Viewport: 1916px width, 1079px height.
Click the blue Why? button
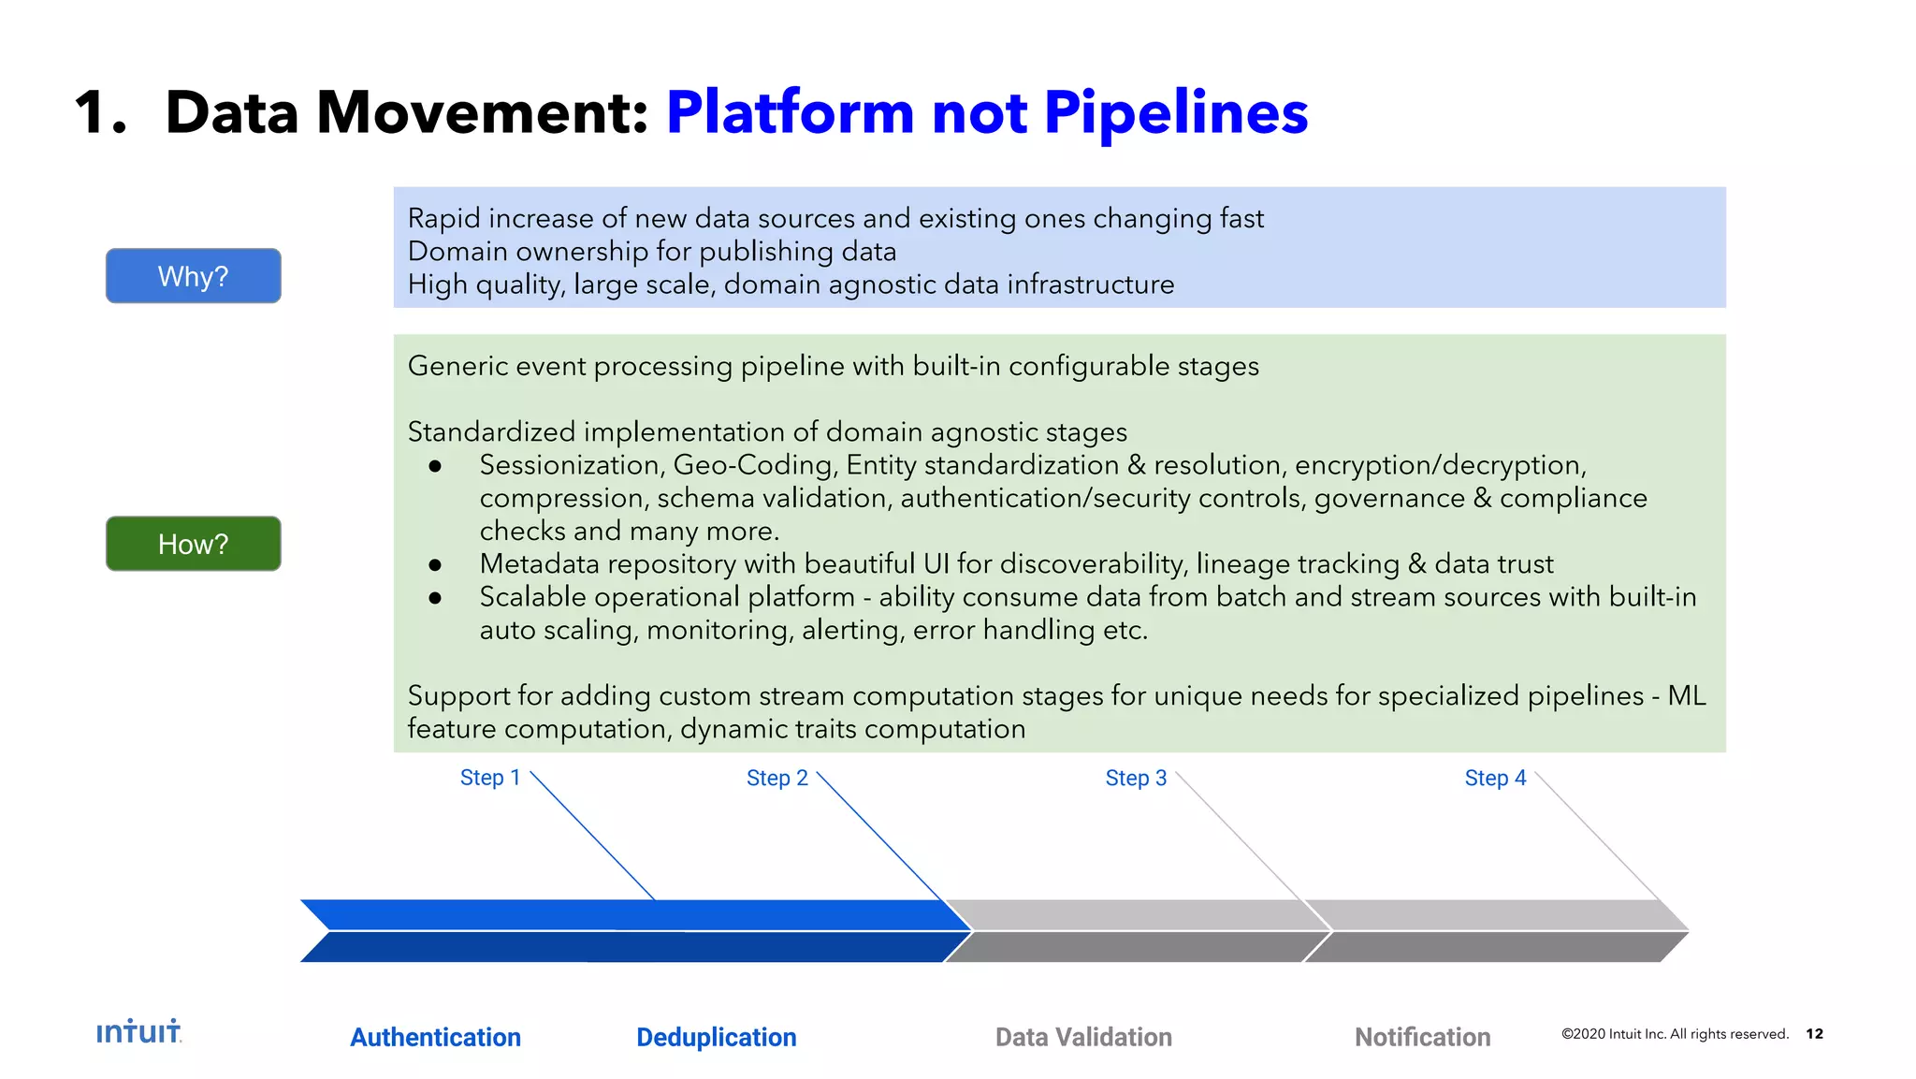[193, 276]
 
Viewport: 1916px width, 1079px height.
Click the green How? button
[193, 544]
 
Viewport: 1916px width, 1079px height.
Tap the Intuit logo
[138, 1031]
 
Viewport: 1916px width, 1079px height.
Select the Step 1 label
[489, 778]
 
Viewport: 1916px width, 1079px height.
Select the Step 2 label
[777, 778]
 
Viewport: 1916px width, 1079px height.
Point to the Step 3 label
[1135, 778]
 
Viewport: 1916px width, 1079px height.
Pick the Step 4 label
[1494, 778]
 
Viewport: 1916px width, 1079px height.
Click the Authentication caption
[435, 1037]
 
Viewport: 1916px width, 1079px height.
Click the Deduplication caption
[716, 1037]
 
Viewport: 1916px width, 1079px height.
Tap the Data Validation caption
[1082, 1037]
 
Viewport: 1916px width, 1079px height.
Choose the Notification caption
[1422, 1037]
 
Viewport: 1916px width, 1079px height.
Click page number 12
[1814, 1033]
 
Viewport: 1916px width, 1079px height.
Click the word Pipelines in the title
[1175, 113]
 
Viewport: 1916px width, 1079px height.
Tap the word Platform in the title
[790, 113]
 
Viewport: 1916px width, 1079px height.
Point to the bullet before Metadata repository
[435, 565]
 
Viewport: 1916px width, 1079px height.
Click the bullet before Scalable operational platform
[435, 598]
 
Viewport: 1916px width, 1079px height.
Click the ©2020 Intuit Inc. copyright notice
[1674, 1034]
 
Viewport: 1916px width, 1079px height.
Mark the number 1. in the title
[100, 113]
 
